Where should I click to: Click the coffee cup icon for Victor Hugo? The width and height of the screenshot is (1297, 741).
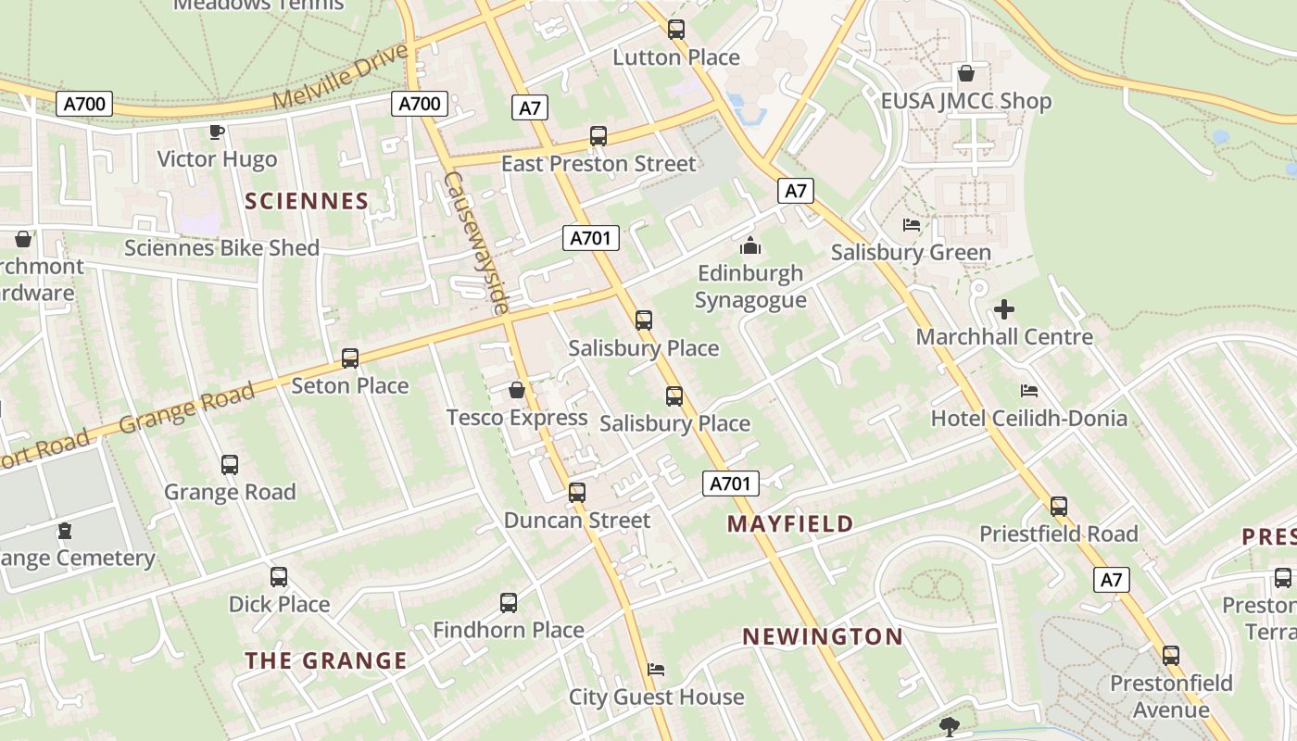click(x=217, y=132)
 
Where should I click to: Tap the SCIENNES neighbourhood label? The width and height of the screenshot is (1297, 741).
click(x=307, y=201)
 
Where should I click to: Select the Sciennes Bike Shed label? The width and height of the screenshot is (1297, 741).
click(x=221, y=248)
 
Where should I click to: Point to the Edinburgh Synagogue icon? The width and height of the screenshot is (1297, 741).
click(x=750, y=246)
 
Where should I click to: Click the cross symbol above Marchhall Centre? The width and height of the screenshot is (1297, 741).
click(x=1004, y=309)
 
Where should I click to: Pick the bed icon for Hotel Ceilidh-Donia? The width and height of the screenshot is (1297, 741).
click(x=1028, y=391)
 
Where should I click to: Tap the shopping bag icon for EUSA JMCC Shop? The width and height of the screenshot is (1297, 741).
click(x=966, y=73)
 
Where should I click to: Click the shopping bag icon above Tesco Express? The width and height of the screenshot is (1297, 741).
click(x=517, y=390)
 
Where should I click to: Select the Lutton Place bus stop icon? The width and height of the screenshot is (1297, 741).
click(x=676, y=30)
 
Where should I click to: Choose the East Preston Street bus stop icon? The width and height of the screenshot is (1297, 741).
click(x=598, y=136)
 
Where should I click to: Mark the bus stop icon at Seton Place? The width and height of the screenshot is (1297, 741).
click(x=350, y=358)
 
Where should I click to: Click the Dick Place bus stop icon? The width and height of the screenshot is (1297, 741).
click(x=279, y=577)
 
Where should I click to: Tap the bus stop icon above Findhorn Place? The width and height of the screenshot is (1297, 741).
click(x=509, y=603)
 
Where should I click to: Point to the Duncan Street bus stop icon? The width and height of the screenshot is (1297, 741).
click(x=577, y=493)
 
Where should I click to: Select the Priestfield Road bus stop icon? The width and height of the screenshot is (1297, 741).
click(x=1059, y=507)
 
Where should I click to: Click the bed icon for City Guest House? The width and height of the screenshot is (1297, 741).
click(x=656, y=670)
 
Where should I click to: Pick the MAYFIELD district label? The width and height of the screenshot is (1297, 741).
click(x=790, y=524)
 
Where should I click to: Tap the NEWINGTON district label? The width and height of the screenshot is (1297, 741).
click(x=823, y=637)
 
